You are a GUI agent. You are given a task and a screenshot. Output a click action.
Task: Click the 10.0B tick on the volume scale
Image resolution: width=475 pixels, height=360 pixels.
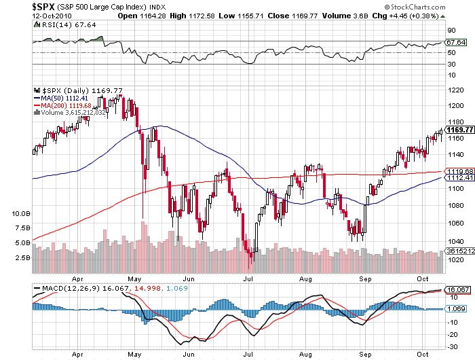(22, 213)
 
